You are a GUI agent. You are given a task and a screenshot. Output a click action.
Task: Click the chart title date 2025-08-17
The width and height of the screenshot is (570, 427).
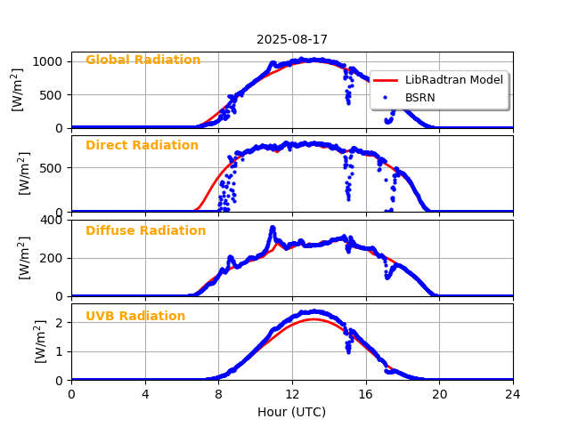point(292,39)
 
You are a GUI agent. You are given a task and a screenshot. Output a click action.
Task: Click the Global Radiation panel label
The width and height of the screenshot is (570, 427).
point(142,60)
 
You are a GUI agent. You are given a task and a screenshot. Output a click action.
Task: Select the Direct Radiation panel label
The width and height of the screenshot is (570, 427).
point(142,146)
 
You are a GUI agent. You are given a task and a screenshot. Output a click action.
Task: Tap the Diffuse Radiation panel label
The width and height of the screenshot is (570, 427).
point(145,231)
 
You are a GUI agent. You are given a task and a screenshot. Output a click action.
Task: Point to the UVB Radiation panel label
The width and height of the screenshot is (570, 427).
point(135,317)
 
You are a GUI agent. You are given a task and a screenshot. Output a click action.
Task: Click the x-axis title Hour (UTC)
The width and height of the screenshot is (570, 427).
point(292,412)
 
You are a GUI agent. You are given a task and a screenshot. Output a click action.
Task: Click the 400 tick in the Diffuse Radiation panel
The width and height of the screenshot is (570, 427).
point(52,220)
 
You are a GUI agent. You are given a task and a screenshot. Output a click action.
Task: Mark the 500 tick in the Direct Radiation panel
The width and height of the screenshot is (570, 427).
point(52,167)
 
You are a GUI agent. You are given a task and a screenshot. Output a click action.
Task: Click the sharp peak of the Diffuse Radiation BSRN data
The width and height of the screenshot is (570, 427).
point(273,228)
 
